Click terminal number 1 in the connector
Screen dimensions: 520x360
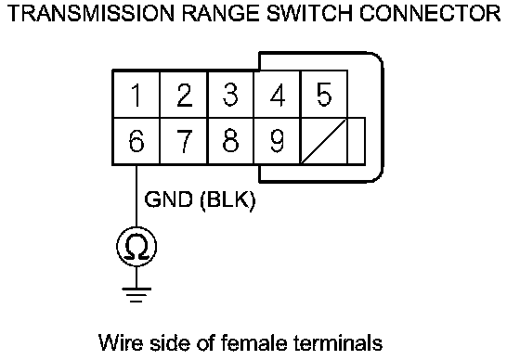(x=136, y=94)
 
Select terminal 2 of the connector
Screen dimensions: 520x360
(x=184, y=94)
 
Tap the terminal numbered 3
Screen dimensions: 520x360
(x=230, y=94)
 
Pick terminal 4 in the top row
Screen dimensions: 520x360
(x=278, y=94)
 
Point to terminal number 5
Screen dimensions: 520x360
(x=324, y=94)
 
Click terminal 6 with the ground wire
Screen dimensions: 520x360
(x=136, y=141)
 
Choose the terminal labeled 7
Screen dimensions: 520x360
(x=184, y=141)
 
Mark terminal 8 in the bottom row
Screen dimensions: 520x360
(x=230, y=141)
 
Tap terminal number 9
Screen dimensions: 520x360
(x=278, y=141)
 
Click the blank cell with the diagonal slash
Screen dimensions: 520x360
(x=324, y=141)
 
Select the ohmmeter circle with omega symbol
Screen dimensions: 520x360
(x=136, y=247)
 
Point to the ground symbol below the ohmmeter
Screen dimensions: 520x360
(x=136, y=295)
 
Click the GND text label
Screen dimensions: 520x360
(x=168, y=199)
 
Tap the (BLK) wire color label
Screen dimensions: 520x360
(x=228, y=200)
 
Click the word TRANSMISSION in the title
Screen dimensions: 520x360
(x=91, y=13)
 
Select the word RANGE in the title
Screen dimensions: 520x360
(x=222, y=13)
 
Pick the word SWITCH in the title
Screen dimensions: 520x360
(x=309, y=13)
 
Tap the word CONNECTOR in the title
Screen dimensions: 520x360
(x=430, y=13)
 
